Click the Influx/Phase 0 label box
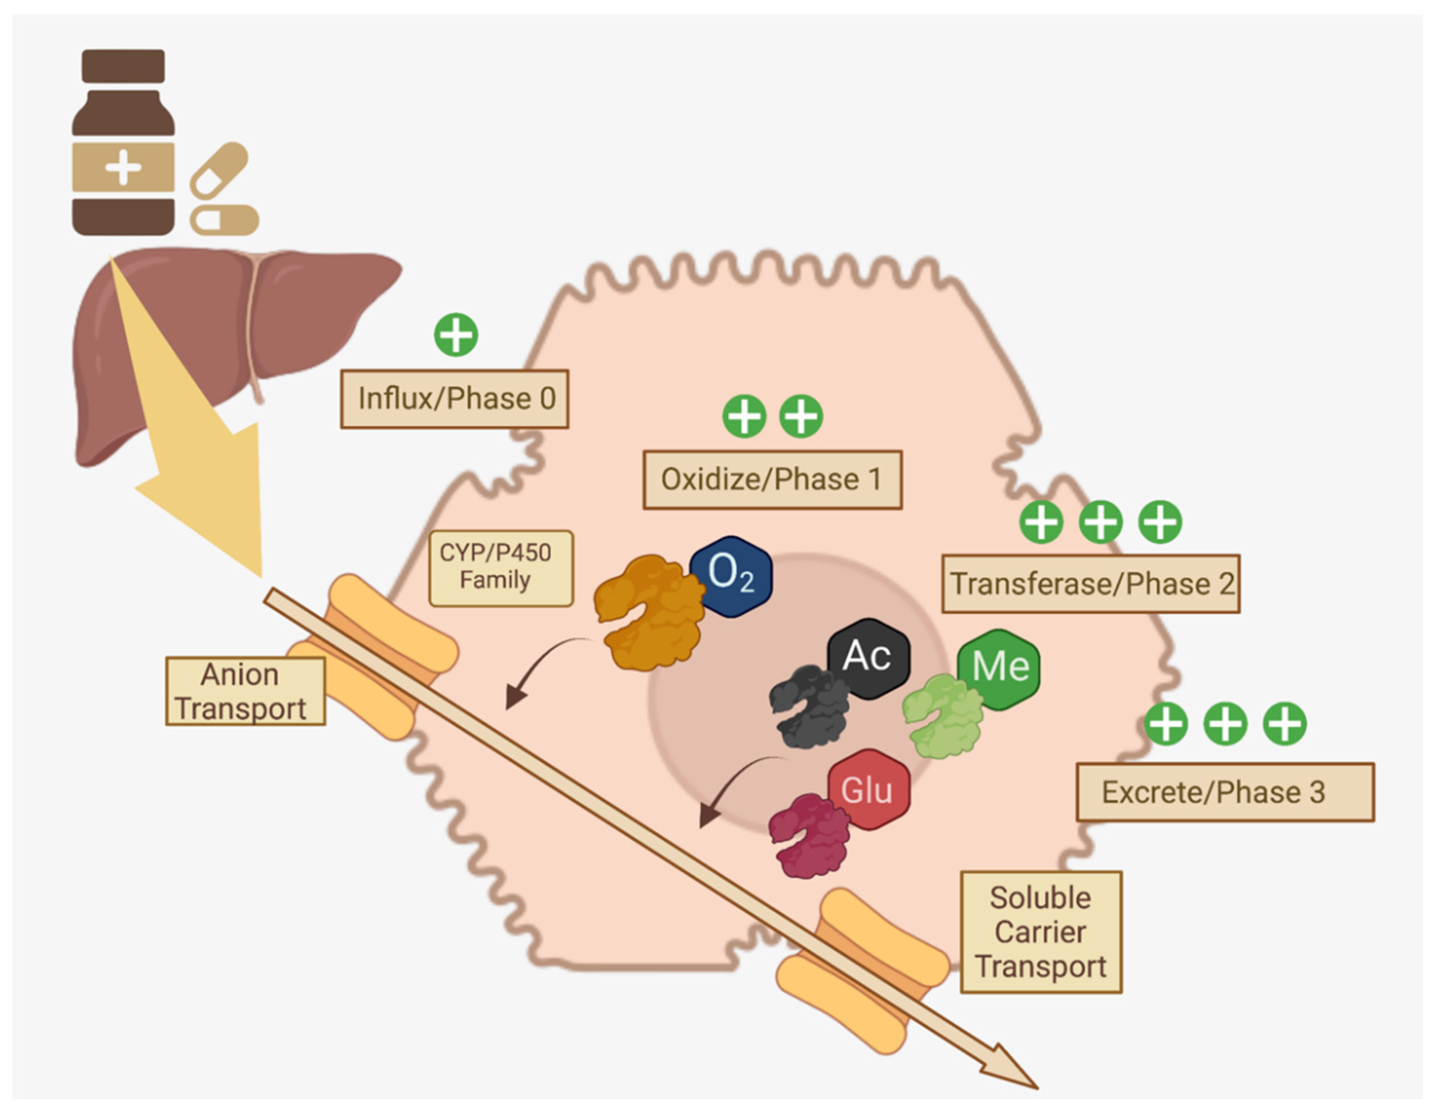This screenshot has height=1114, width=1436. point(454,398)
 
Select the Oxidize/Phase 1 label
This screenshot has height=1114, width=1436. point(772,479)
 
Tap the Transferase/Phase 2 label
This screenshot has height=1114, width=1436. point(1091,583)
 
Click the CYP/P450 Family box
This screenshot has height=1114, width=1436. point(501,568)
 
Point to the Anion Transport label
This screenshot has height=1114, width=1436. point(245,691)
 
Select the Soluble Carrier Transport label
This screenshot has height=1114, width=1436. point(1041,932)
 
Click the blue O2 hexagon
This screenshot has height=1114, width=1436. point(730,576)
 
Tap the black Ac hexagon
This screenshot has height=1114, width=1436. point(868,657)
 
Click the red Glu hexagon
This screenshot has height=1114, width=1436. point(868,789)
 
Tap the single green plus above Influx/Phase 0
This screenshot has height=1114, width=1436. point(456,335)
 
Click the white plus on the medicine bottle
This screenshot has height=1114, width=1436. point(123,167)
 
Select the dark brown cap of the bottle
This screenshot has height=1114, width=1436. point(123,66)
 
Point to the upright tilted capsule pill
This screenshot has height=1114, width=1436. point(219,170)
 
